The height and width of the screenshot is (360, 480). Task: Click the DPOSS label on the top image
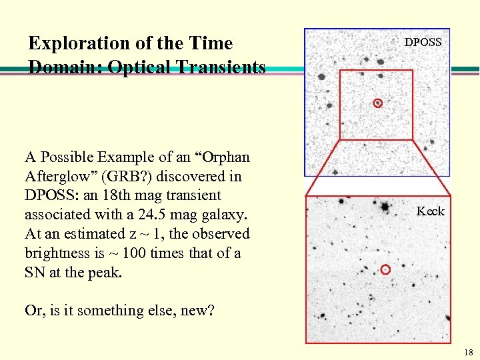coord(423,42)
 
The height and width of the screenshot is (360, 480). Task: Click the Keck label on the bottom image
coord(430,211)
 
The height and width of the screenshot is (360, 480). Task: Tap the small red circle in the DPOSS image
coord(377,103)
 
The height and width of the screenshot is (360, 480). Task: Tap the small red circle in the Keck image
coord(385,269)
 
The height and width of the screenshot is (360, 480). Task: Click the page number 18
coord(468,353)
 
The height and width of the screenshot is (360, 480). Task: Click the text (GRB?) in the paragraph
coord(119,177)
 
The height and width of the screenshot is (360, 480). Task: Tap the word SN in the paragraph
coord(35,272)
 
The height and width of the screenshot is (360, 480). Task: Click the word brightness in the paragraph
coord(57,253)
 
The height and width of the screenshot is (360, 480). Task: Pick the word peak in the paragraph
coord(105,272)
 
